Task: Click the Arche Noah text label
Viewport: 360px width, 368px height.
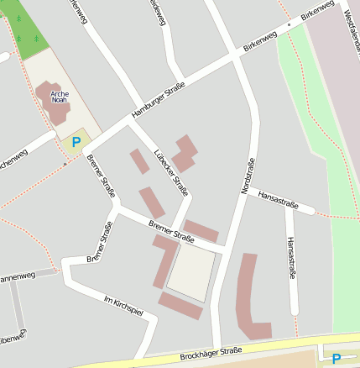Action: pyautogui.click(x=59, y=95)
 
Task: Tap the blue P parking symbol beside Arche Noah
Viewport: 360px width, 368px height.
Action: pyautogui.click(x=76, y=143)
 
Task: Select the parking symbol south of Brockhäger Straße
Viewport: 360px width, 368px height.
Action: pyautogui.click(x=337, y=358)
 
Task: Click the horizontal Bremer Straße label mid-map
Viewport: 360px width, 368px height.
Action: pyautogui.click(x=171, y=231)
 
